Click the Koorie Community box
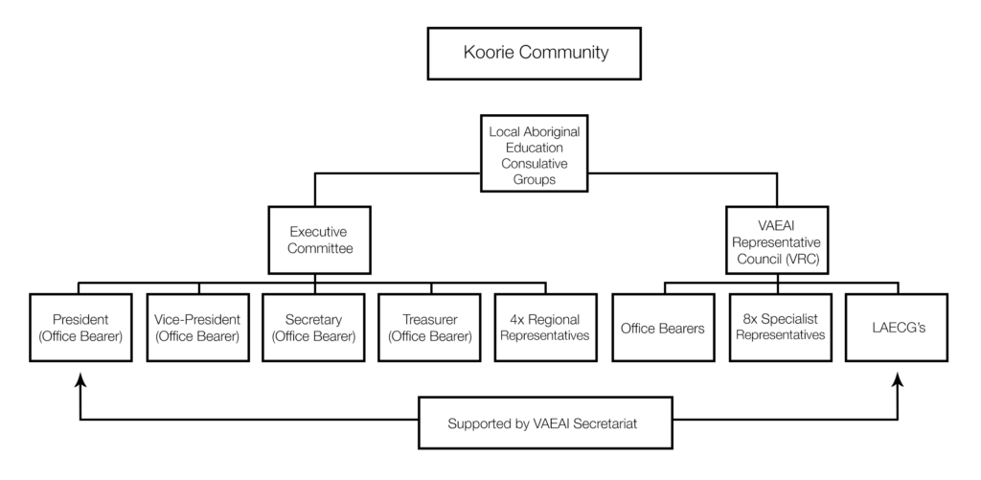tap(534, 54)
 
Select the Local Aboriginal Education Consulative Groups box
tap(534, 153)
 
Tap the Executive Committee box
tap(319, 240)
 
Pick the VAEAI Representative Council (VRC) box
tap(777, 240)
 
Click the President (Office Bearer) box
tap(80, 328)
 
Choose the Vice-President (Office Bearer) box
tap(197, 328)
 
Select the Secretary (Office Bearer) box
tap(313, 328)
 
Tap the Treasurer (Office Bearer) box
tap(429, 328)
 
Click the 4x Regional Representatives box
tap(545, 328)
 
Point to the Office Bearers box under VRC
tap(663, 328)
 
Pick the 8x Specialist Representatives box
tap(780, 328)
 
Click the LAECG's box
tap(897, 328)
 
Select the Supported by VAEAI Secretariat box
tap(545, 423)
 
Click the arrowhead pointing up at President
tap(80, 379)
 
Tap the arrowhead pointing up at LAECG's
tap(898, 379)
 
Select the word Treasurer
tap(430, 320)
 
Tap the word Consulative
tap(535, 164)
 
